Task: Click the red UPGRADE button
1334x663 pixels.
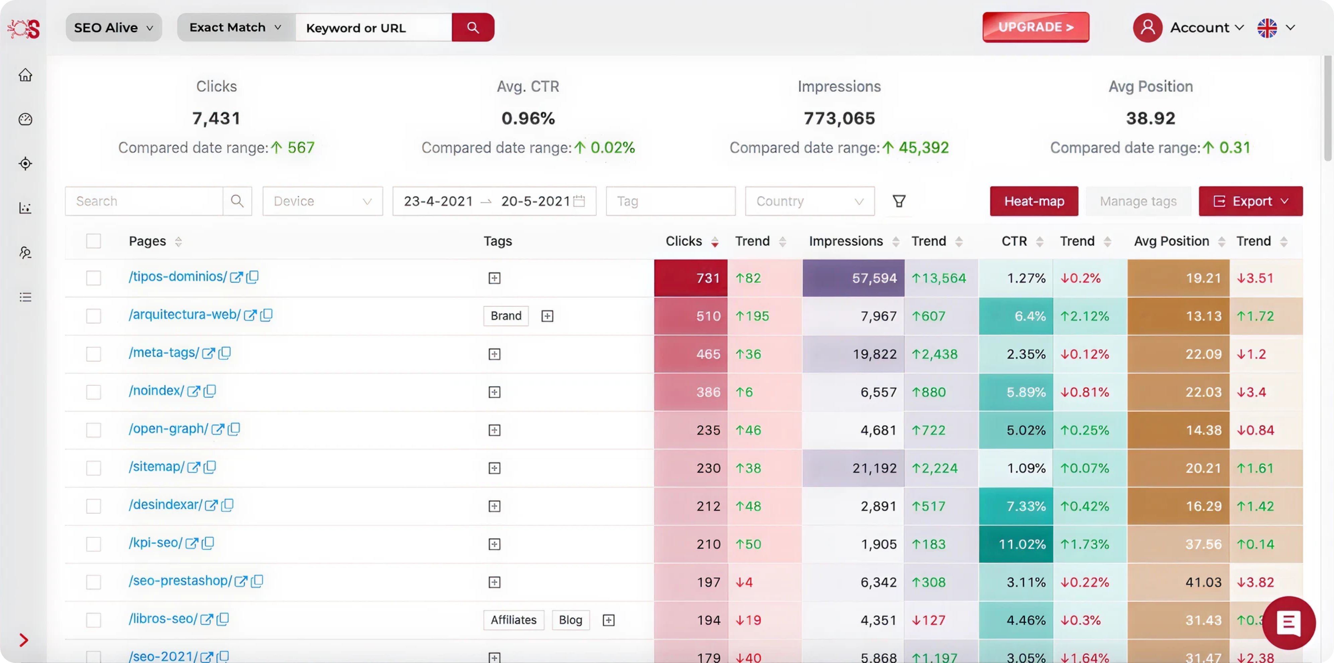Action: point(1036,27)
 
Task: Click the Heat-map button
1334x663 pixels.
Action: point(1034,201)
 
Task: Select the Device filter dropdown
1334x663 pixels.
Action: point(322,201)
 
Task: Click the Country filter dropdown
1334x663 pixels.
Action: point(809,201)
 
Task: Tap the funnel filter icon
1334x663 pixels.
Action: point(899,201)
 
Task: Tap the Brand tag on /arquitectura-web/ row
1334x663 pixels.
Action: point(505,316)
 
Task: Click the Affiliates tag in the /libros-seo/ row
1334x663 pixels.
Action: point(513,620)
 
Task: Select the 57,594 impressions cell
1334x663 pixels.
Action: point(854,278)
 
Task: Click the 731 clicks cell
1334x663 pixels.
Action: point(690,278)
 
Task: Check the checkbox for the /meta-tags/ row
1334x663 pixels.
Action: point(93,354)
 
